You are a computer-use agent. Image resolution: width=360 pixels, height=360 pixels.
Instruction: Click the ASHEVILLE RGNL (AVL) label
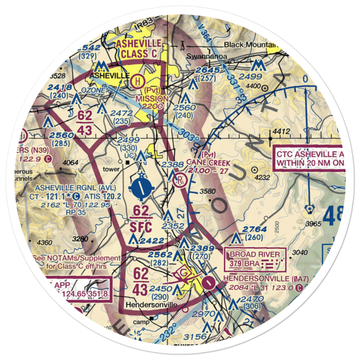pyautogui.click(x=76, y=188)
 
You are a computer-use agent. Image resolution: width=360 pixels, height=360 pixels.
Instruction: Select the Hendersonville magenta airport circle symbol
pyautogui.click(x=208, y=283)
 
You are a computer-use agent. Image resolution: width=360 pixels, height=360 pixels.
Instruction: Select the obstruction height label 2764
pyautogui.click(x=255, y=230)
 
